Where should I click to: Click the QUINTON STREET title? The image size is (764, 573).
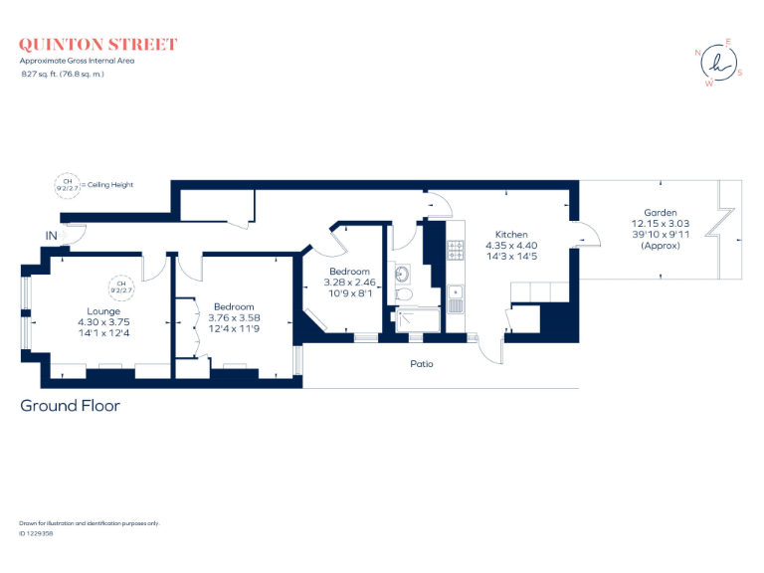coord(98,45)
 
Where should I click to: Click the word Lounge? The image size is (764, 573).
coord(103,310)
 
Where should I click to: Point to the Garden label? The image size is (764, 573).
coord(660,213)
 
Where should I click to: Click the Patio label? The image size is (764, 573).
coord(422,364)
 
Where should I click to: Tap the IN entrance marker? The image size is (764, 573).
coord(51,236)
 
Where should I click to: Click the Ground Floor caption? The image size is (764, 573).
coord(70,406)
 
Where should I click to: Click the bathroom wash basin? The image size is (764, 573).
coord(403,273)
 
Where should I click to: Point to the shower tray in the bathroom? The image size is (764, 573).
coord(418,321)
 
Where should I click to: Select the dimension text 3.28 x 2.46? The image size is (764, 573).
coord(349,284)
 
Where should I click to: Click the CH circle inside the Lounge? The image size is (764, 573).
coord(121,286)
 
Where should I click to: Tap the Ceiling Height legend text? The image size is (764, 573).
coord(107,185)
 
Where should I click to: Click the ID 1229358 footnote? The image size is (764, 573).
coord(36,534)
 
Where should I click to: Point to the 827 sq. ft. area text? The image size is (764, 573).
coord(63,73)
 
